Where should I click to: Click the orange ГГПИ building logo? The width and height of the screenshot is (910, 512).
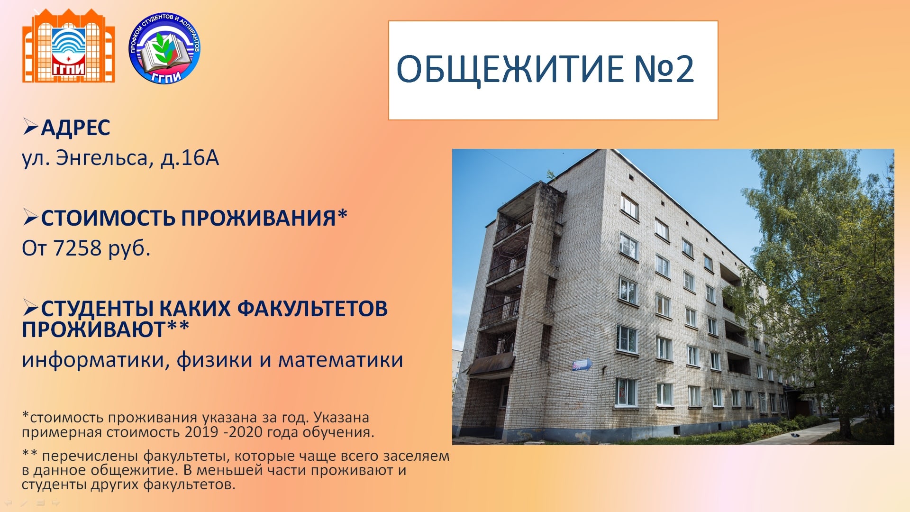(69, 46)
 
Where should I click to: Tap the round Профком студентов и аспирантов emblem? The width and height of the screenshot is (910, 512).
(164, 48)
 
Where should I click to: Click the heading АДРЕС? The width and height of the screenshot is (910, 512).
(75, 128)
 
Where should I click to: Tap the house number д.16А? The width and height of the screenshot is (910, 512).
(190, 158)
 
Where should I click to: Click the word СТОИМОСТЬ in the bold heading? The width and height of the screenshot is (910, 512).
(109, 218)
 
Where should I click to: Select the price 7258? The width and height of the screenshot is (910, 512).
(77, 248)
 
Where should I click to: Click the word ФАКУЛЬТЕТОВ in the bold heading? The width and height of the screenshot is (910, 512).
(312, 309)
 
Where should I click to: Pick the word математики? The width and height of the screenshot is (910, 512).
(341, 360)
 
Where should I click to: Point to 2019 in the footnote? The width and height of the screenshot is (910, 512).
(202, 432)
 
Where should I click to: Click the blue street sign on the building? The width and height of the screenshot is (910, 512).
(582, 365)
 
